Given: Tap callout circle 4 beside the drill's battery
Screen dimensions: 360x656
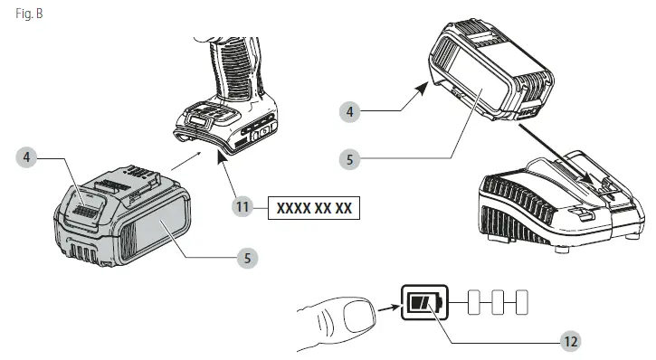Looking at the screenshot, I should (x=29, y=157).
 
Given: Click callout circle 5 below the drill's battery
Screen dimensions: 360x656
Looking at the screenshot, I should (x=246, y=258).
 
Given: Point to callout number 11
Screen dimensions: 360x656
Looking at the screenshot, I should (x=241, y=207).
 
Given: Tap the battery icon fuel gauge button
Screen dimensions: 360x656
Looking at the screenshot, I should (x=422, y=303).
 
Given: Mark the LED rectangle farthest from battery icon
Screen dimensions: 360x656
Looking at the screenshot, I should (x=519, y=303).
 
